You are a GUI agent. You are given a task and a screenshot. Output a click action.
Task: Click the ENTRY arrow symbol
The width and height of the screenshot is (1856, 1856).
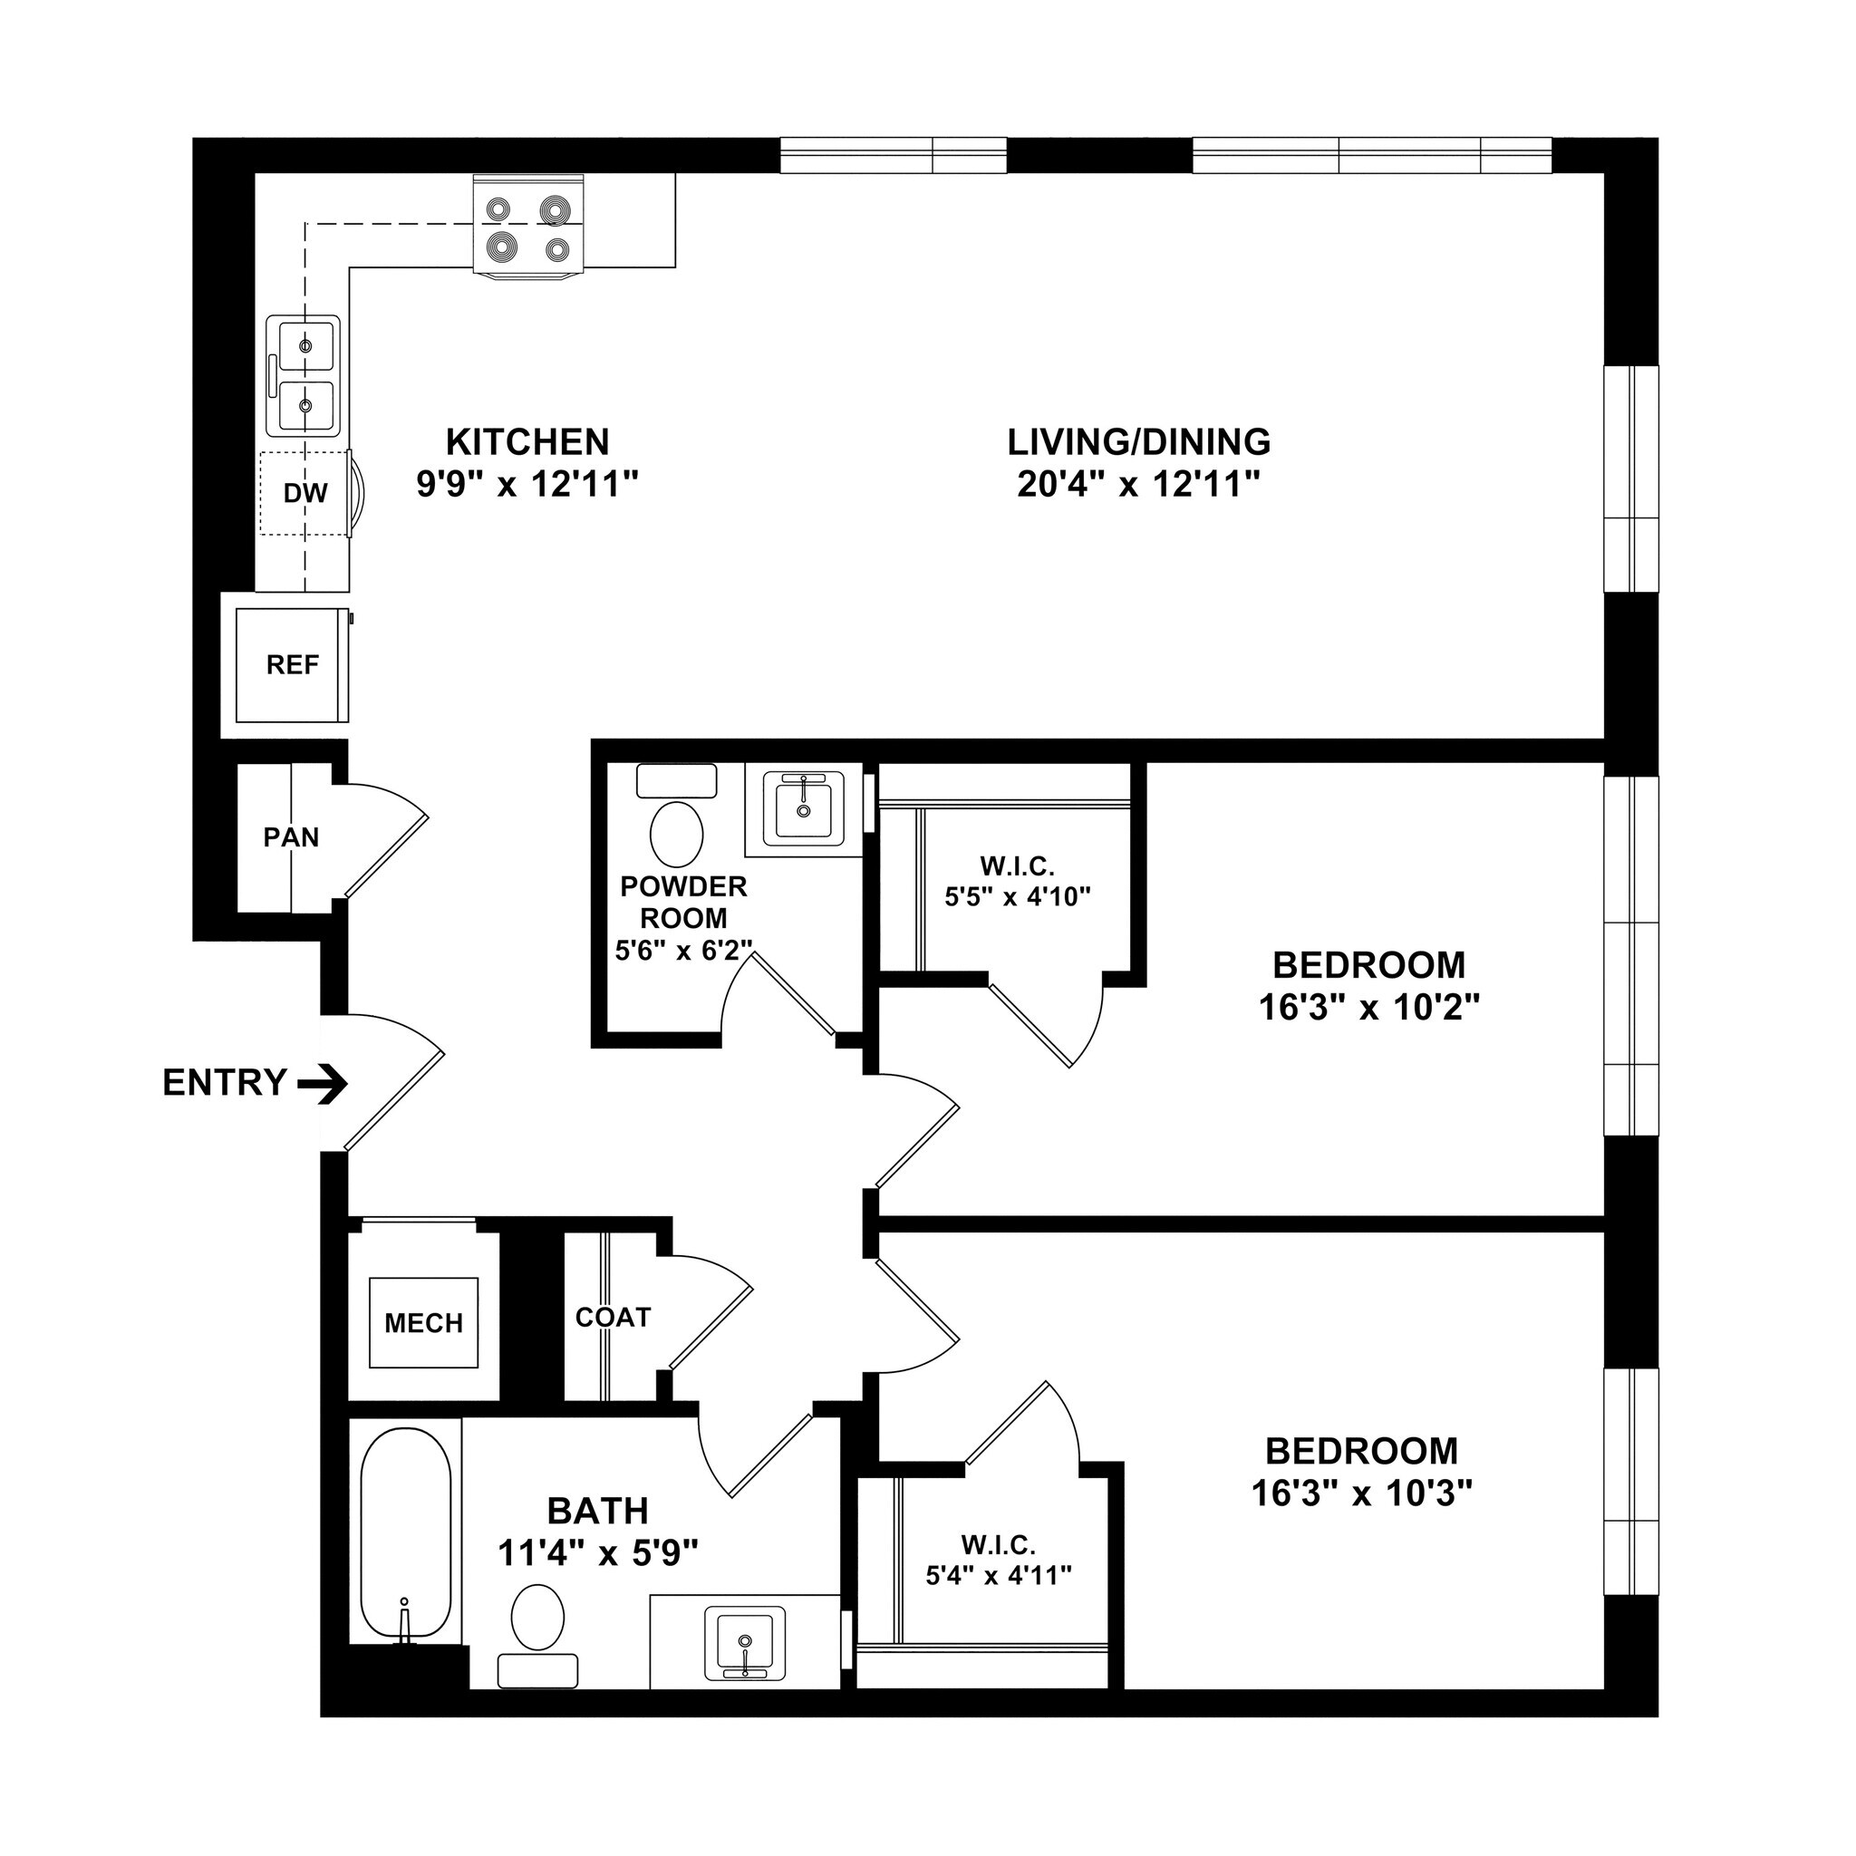tap(323, 1085)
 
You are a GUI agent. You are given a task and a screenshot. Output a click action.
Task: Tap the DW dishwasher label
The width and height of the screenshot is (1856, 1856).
tap(305, 494)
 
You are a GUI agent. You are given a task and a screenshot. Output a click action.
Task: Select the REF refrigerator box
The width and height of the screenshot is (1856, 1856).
tap(292, 665)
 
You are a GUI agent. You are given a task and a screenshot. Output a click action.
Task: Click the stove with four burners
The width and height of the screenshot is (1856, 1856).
tap(528, 227)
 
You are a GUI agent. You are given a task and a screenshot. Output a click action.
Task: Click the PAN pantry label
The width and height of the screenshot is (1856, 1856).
tap(291, 837)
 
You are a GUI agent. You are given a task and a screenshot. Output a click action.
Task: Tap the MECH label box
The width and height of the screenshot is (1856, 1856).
tap(423, 1324)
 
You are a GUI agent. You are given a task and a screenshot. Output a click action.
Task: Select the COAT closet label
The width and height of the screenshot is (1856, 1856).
tap(613, 1317)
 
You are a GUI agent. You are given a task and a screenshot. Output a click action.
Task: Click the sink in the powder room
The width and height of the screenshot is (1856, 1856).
tap(803, 812)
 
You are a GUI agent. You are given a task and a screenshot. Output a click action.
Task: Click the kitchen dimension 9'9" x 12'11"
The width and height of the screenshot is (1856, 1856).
tap(527, 484)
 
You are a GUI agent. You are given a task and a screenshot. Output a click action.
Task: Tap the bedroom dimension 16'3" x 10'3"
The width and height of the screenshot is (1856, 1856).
tap(1361, 1493)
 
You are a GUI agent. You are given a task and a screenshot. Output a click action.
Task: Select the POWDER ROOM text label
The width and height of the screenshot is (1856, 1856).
tap(683, 901)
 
